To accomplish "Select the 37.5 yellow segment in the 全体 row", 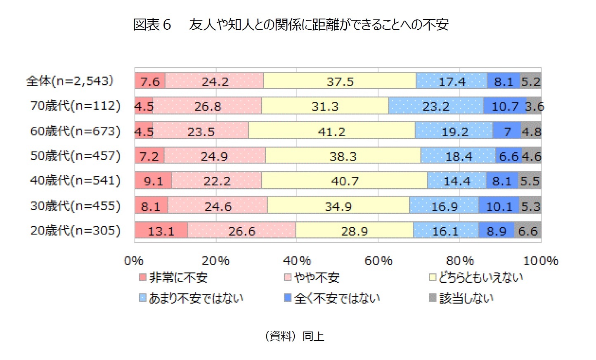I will click(x=340, y=81).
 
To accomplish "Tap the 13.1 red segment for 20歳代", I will click(x=161, y=230).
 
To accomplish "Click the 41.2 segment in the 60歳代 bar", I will click(x=331, y=131).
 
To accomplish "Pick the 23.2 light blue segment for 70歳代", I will click(x=435, y=106).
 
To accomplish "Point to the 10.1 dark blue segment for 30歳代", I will click(x=499, y=206).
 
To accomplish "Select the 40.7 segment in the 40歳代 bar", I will click(x=345, y=181).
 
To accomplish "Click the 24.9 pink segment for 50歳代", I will click(x=215, y=156).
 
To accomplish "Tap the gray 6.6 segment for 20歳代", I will click(x=527, y=230).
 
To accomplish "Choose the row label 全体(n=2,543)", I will click(x=70, y=81).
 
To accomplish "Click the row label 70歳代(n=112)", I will click(x=75, y=106).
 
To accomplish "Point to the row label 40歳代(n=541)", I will click(x=75, y=180).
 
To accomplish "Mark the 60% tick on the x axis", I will click(x=378, y=261).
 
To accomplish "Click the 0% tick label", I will click(x=134, y=261).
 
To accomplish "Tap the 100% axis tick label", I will click(x=540, y=261).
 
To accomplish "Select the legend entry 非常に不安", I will click(x=173, y=277).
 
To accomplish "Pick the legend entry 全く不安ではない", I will click(x=332, y=298).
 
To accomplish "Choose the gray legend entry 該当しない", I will click(x=461, y=298).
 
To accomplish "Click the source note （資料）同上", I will click(x=294, y=336).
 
